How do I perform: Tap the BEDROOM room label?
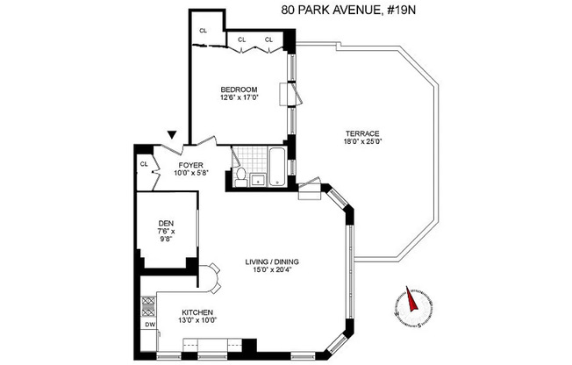coord(238,89)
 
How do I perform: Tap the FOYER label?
coord(191,164)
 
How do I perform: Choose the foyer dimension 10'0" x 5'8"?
coord(191,173)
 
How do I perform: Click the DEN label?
coord(166,225)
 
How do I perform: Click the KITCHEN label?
coord(197,312)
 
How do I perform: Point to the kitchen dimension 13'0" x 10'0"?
coord(197,321)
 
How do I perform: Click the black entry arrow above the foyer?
coord(173,134)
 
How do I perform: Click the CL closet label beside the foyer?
coord(143,164)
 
